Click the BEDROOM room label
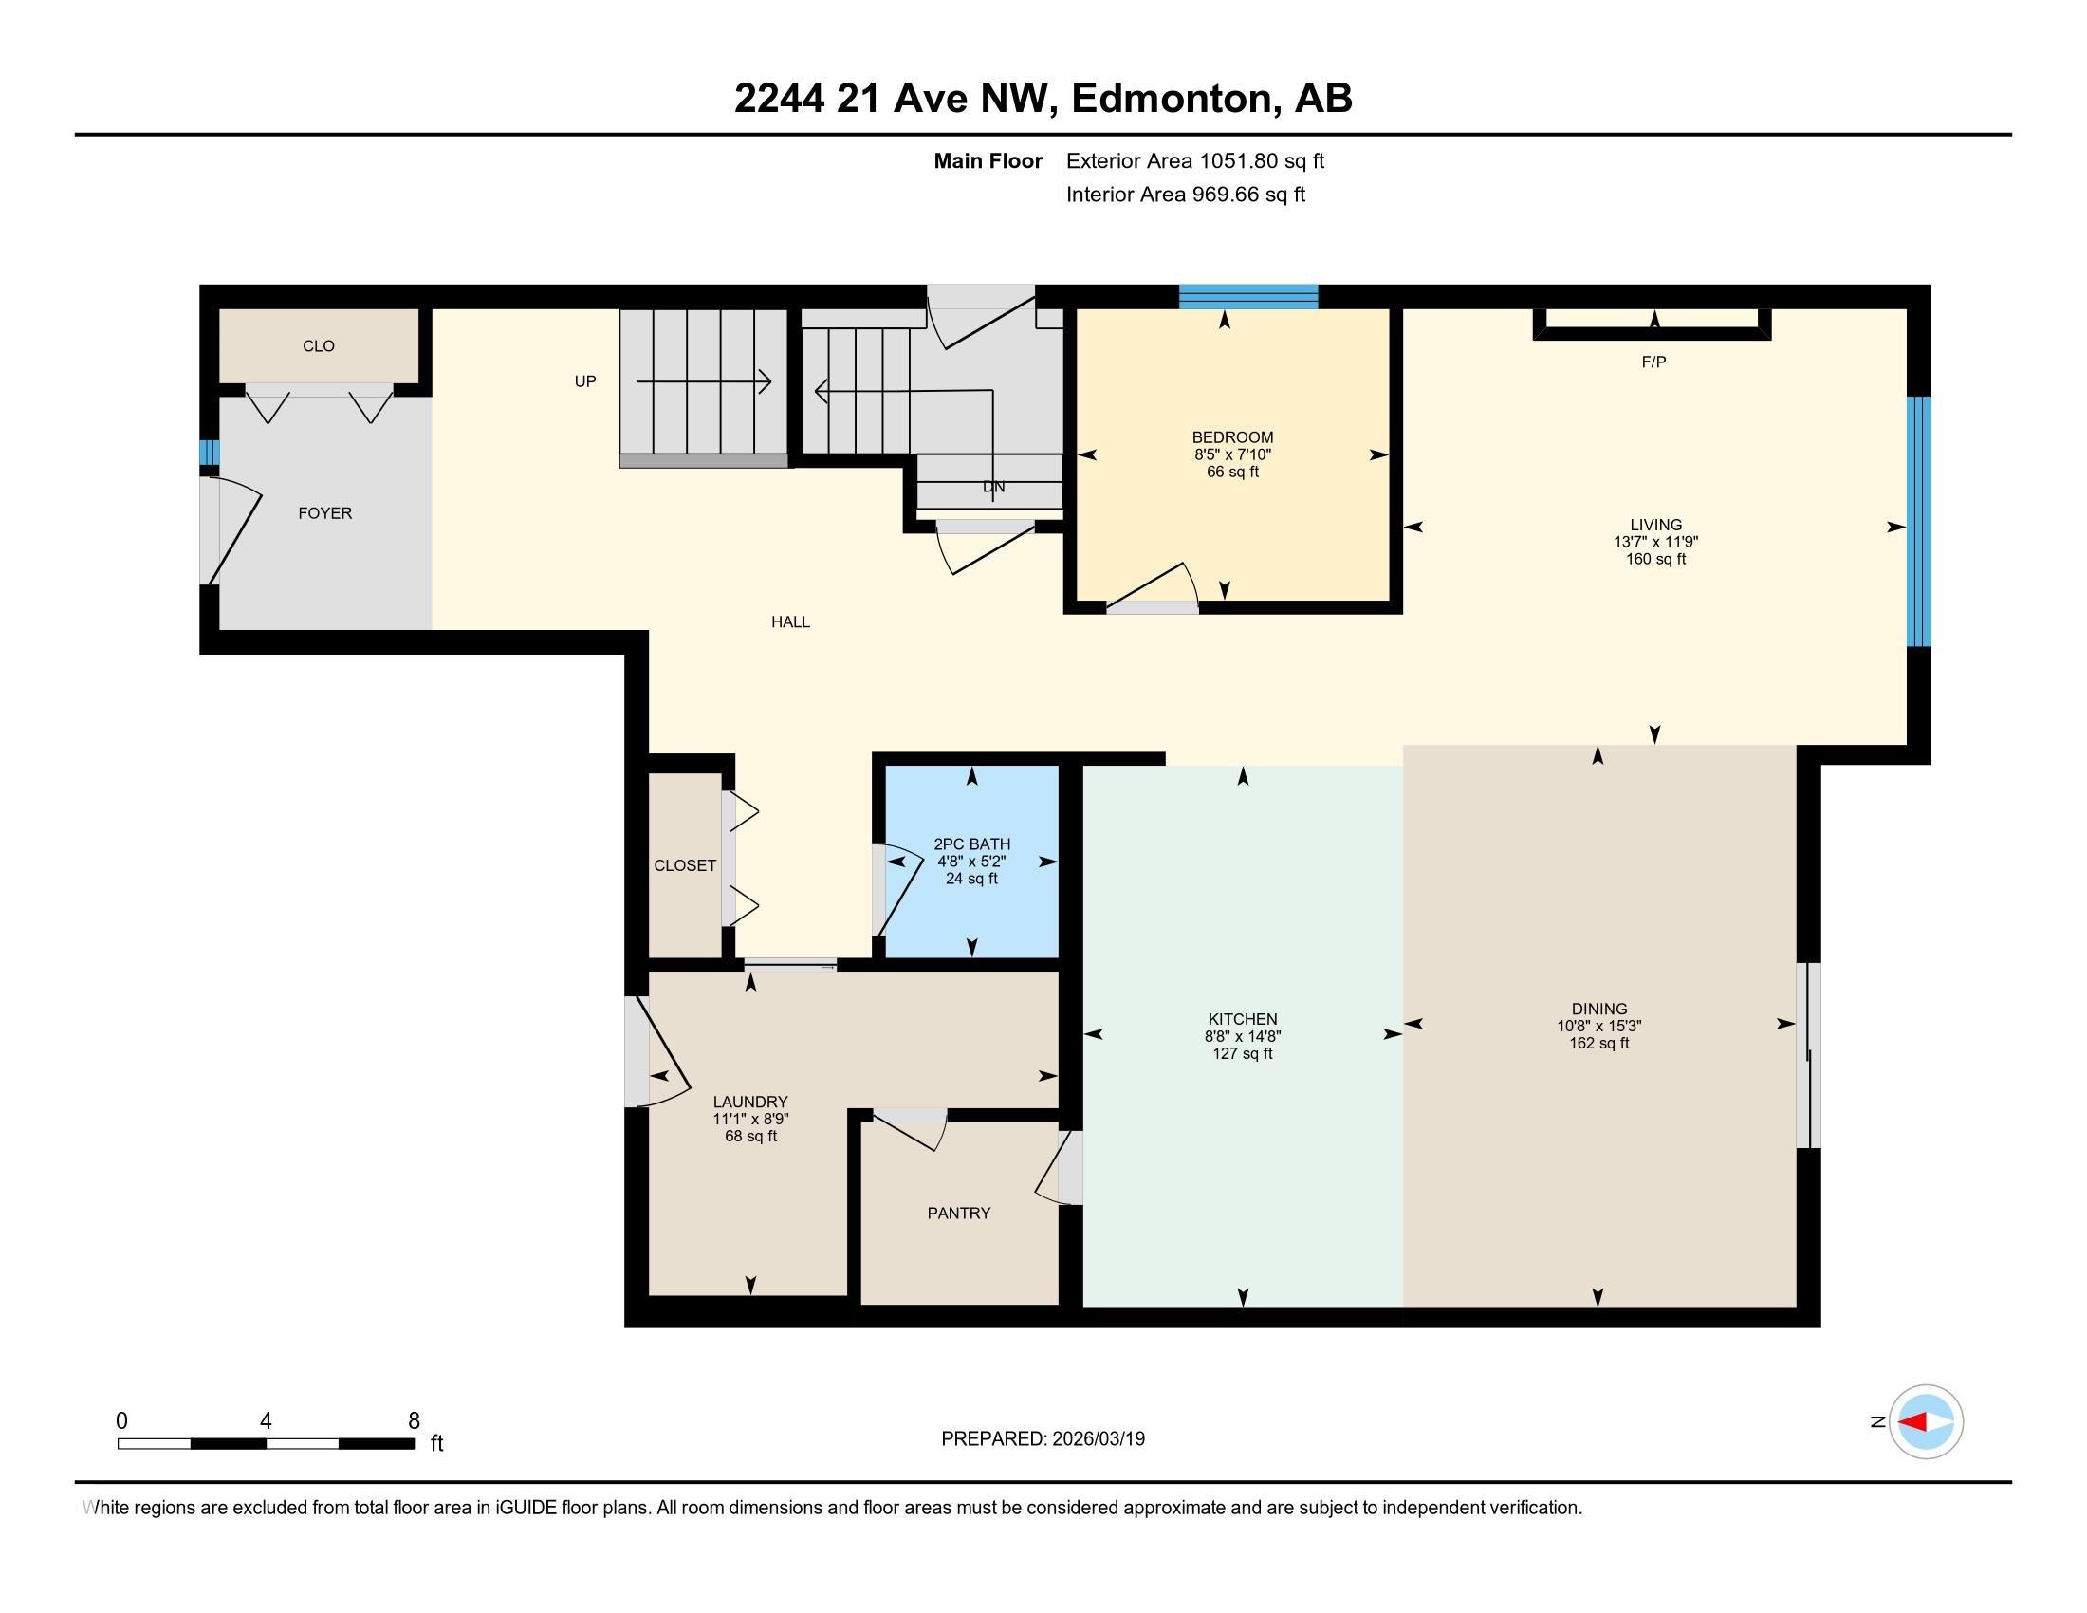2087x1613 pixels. coord(1231,437)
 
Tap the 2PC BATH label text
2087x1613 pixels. coord(971,844)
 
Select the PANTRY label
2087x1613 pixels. coord(958,1213)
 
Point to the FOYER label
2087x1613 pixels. coord(324,513)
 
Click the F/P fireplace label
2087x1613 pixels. coord(1654,362)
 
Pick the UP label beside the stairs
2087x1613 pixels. coord(584,381)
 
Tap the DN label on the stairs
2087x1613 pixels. coord(994,487)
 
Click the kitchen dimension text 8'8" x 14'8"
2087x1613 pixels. coord(1243,1036)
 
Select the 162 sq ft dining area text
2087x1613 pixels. coord(1598,1043)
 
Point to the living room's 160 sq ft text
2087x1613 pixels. coord(1656,559)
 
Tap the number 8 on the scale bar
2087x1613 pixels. coord(414,1421)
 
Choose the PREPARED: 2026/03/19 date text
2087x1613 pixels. coord(1043,1439)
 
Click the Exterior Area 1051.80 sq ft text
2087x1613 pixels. coord(1195,160)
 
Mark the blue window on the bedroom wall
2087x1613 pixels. coord(1248,296)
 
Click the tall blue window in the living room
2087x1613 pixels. coord(1919,522)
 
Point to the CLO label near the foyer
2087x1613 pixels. coord(318,346)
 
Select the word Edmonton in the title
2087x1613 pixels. coord(1175,99)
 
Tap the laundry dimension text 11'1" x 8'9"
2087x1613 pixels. coord(750,1119)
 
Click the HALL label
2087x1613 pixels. coord(790,622)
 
